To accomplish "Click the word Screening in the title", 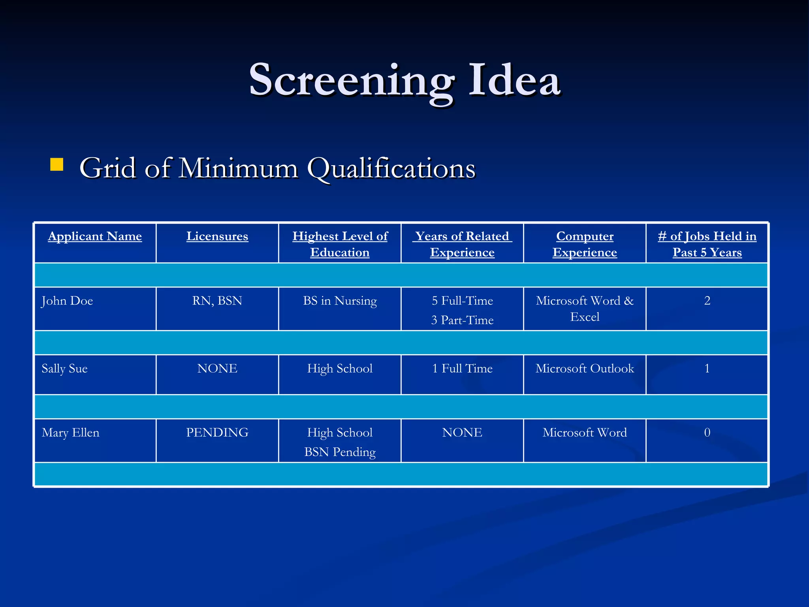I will click(352, 81).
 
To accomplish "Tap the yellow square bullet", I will click(57, 165).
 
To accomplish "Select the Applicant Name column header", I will click(95, 236).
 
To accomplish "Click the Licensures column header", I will click(217, 236).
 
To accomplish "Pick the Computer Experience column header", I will click(585, 244).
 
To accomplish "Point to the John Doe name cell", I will click(67, 301).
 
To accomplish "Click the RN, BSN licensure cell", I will click(217, 301).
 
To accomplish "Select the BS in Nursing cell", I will click(340, 301).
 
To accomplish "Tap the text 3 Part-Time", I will click(462, 320).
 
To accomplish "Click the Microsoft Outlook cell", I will click(585, 368).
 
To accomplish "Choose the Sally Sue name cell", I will click(64, 368).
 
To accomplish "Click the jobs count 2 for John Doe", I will click(707, 301).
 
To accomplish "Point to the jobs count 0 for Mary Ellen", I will click(707, 432).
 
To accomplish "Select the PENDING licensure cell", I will click(217, 432).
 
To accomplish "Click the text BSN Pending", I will click(340, 452).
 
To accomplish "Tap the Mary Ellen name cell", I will click(70, 432).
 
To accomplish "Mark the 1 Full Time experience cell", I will click(462, 368).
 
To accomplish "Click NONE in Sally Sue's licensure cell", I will click(217, 368).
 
